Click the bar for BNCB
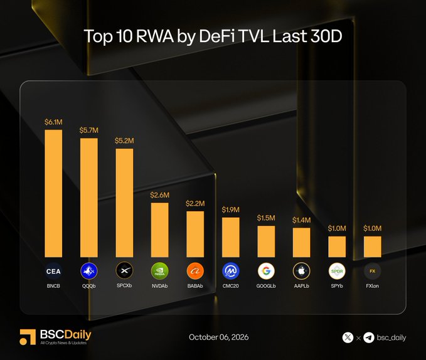point(53,193)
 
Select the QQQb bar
point(89,198)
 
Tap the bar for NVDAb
point(160,230)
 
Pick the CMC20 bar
point(231,237)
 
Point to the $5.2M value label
point(124,140)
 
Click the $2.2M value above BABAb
point(195,203)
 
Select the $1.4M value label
point(301,220)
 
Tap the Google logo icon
point(266,271)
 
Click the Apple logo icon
point(301,271)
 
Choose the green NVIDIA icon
point(160,271)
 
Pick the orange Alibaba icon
point(195,271)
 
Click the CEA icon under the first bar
point(53,271)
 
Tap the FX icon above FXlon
point(372,271)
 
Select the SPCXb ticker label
point(124,285)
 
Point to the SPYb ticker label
point(337,286)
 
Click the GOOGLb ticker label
point(266,286)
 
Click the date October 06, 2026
point(219,337)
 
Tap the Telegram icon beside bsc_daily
point(369,338)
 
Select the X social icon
point(348,338)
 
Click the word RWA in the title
point(154,36)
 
